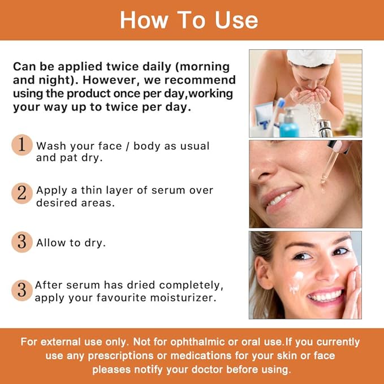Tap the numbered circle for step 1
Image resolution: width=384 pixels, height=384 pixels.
tap(21, 145)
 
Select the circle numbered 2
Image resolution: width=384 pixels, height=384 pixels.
tap(21, 193)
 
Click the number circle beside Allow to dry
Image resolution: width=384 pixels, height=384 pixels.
tap(21, 242)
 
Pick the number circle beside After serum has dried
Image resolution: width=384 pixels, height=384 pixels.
tap(21, 291)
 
